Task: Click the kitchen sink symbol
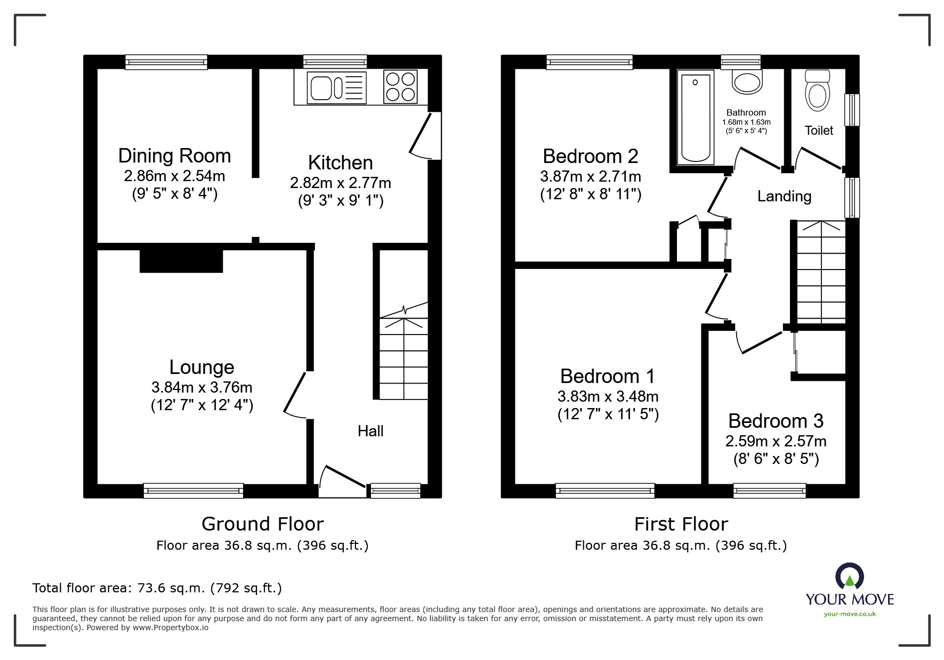click(337, 87)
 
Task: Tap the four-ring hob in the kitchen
click(400, 87)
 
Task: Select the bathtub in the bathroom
click(696, 118)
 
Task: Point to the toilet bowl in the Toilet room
click(818, 90)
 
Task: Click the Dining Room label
click(174, 156)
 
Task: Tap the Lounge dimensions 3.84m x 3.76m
click(202, 387)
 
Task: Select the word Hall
click(370, 431)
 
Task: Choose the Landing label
click(784, 197)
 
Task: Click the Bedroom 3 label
click(776, 421)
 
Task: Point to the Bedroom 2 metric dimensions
click(591, 176)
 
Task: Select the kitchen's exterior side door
click(425, 135)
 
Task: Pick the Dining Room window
click(166, 62)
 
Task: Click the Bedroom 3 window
click(769, 491)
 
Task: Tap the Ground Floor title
click(263, 524)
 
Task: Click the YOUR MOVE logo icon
click(849, 576)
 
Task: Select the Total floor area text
click(157, 588)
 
